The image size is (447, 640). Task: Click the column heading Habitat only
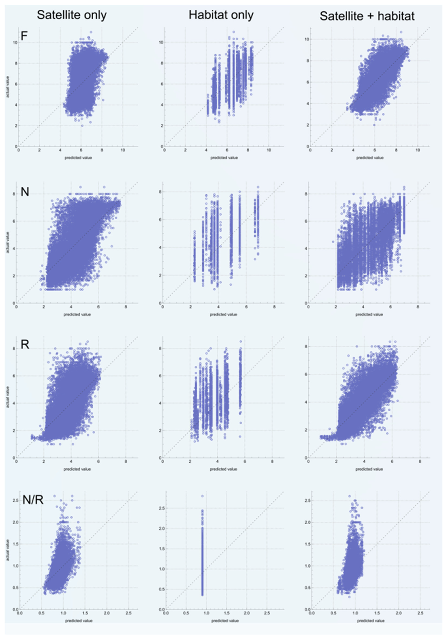point(221,15)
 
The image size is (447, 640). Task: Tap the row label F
point(24,36)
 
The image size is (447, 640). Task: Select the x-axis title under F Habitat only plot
point(224,158)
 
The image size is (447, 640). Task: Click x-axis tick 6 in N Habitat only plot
point(246,307)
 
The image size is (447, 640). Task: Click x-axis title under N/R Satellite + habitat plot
point(371,621)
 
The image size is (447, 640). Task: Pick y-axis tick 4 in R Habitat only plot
point(160,403)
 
